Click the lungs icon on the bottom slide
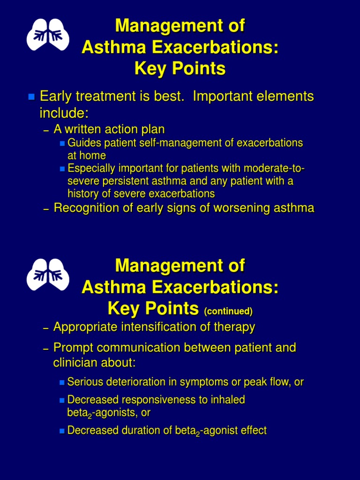point(48,275)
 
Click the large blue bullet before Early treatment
point(31,97)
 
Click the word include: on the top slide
point(63,113)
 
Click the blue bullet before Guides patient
point(63,143)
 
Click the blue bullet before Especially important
point(63,168)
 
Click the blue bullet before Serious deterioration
point(62,382)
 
